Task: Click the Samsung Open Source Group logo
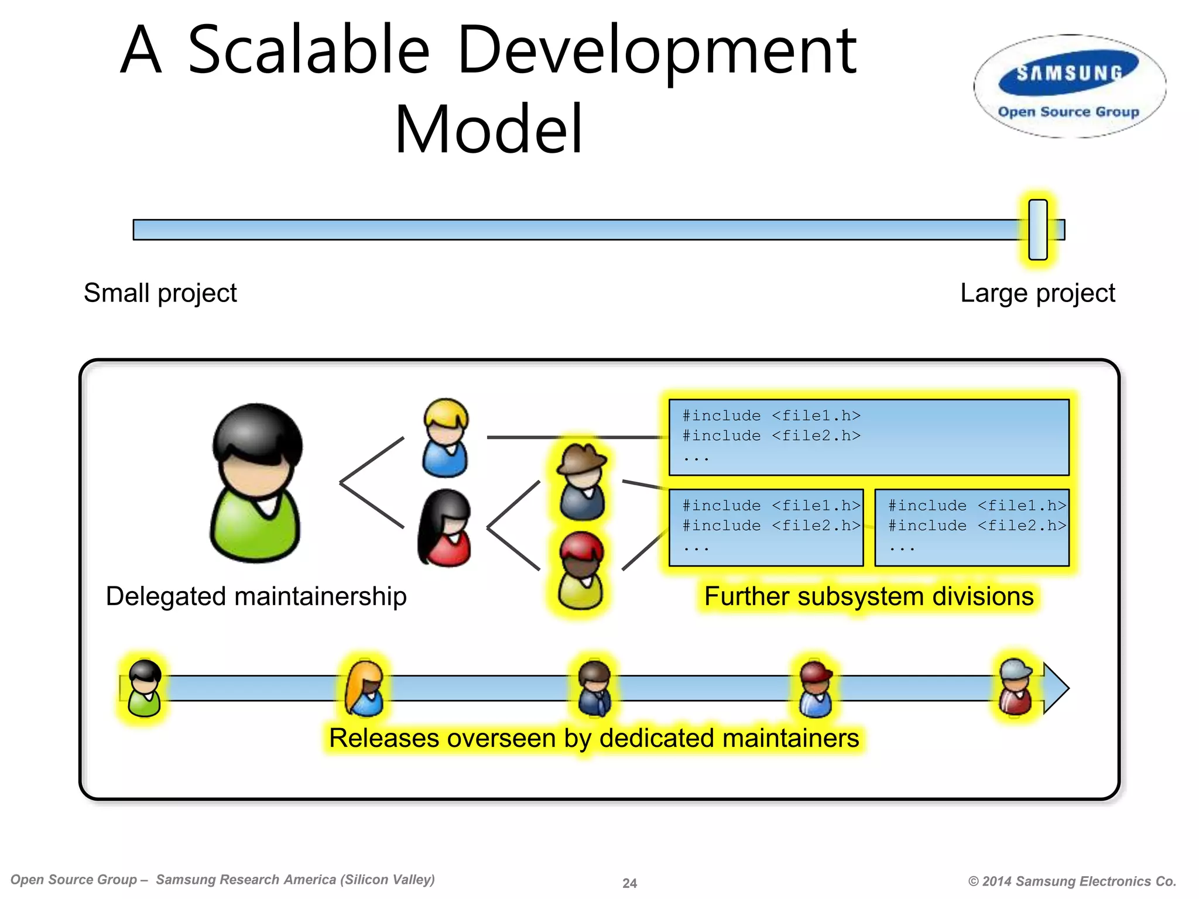1069,87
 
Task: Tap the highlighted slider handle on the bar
1037,229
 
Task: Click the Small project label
160,293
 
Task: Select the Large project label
1037,293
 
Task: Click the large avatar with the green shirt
256,483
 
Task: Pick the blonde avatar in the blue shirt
446,437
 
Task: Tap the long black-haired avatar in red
444,529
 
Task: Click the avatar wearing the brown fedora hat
581,482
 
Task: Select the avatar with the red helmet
581,571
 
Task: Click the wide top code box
869,437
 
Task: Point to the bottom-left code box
766,527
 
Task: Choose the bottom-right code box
972,527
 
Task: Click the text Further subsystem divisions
869,596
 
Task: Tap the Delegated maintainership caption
256,596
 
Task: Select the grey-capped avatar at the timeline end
1016,687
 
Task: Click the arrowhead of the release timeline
1056,688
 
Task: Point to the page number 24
629,883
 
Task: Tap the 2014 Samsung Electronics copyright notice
1072,881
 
